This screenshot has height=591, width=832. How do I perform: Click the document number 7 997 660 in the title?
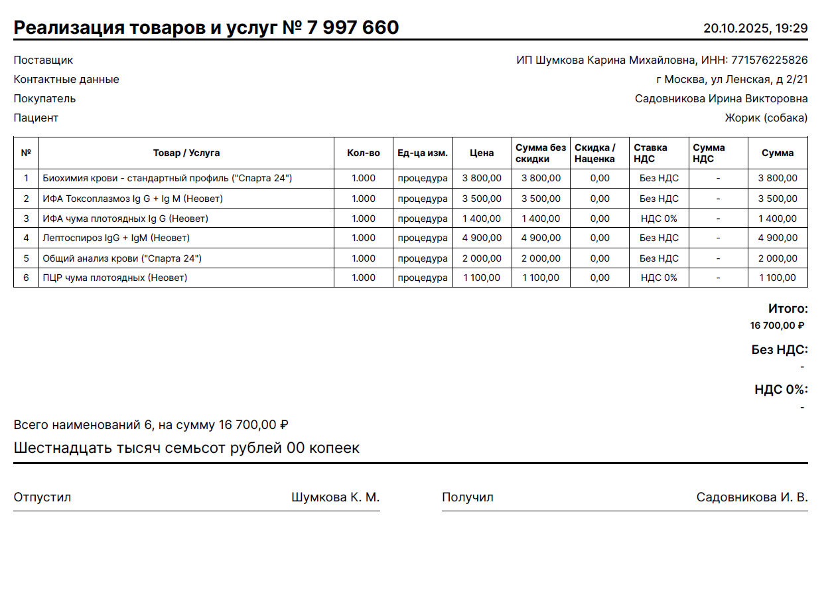coord(352,27)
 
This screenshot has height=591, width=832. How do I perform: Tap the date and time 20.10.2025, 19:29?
coord(755,28)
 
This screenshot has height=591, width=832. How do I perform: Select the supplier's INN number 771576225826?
coord(769,60)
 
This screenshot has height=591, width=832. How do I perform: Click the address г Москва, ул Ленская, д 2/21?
coord(732,80)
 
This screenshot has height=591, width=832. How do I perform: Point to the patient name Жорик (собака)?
coord(766,118)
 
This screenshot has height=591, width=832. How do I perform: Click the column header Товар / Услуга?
coord(186,153)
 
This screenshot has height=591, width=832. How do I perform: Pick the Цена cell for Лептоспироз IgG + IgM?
coord(482,238)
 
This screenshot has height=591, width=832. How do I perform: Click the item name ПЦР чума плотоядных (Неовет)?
coord(115,278)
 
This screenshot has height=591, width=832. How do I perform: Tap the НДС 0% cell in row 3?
coord(659,218)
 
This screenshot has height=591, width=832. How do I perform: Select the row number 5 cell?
coord(27,258)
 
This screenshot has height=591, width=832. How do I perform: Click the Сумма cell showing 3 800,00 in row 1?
coord(778,179)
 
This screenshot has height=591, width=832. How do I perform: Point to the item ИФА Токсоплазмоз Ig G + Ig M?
coord(133,199)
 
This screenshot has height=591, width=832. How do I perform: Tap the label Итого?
coord(788,309)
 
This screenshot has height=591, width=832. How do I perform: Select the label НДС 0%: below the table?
coord(781,390)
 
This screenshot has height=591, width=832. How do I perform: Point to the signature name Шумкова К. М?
coord(335,497)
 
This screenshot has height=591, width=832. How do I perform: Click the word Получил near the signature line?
coord(468,497)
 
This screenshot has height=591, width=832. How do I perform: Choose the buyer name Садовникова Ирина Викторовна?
coord(721,99)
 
